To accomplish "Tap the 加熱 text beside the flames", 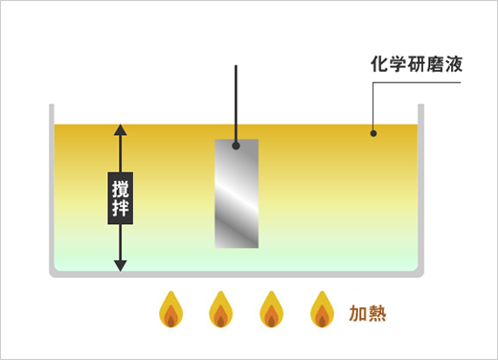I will coord(368,313).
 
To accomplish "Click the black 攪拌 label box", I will coord(121,198).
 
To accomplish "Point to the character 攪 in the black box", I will coord(121,188).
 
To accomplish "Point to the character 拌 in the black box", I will coord(121,209).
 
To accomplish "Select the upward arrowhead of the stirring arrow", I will coord(121,130).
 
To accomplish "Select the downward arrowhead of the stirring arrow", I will coord(121,264).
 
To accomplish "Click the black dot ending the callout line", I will coord(373,133).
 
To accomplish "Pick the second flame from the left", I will coord(220,310).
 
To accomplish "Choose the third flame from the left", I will coord(271,310).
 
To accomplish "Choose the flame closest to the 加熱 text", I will coord(321,310).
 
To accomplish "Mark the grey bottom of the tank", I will coord(235,273).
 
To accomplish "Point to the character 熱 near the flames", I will coord(377,313).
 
